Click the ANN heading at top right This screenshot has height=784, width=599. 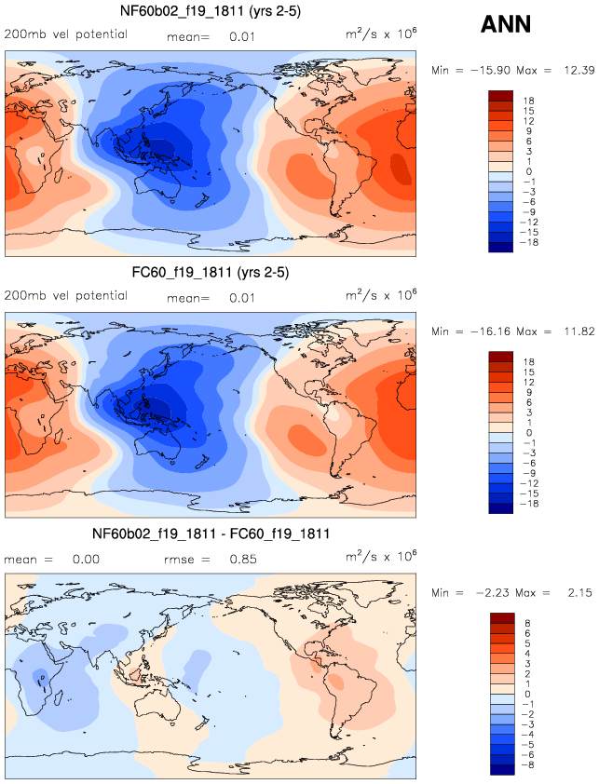[x=506, y=24]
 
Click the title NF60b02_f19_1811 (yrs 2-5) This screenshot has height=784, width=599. [x=210, y=12]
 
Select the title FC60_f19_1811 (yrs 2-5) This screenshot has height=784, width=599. [x=210, y=275]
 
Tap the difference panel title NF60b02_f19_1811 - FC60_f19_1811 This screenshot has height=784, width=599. [x=210, y=534]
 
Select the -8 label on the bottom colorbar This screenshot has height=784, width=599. [x=527, y=769]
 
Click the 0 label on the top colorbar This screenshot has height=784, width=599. [x=527, y=171]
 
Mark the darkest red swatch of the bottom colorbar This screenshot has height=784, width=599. [x=502, y=617]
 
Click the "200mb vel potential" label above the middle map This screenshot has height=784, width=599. [x=66, y=296]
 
